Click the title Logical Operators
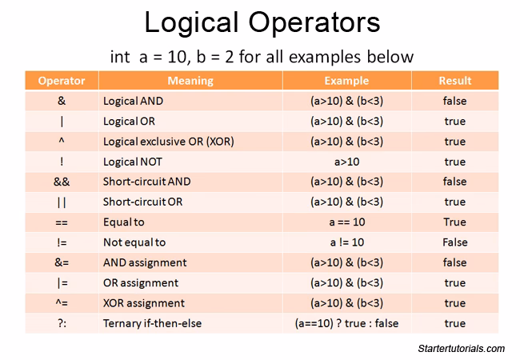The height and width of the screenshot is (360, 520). (x=259, y=23)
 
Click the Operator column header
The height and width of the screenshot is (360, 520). (x=62, y=81)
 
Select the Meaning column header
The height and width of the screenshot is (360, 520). (x=190, y=81)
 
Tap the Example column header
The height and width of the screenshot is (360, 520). (x=346, y=81)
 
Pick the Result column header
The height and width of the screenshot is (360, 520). (x=454, y=81)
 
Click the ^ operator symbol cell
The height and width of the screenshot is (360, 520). (x=62, y=142)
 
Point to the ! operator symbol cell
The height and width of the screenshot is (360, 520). (x=62, y=162)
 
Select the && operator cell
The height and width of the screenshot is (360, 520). (x=62, y=182)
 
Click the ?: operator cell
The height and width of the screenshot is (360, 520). (x=62, y=323)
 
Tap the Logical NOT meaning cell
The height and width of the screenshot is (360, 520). (x=134, y=162)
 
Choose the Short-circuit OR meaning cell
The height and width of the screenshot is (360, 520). (x=143, y=202)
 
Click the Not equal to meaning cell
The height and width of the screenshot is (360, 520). (x=134, y=242)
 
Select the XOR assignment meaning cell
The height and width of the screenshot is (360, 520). (x=144, y=303)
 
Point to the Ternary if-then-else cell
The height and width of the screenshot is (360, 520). (x=153, y=323)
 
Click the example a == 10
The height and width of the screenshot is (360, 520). (x=346, y=222)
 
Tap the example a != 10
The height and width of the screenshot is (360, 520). (x=346, y=242)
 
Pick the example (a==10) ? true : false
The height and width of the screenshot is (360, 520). (x=346, y=323)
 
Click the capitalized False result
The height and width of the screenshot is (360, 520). (x=454, y=242)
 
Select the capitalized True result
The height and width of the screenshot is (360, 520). (x=454, y=222)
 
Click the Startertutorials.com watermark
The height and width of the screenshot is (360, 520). (x=462, y=349)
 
